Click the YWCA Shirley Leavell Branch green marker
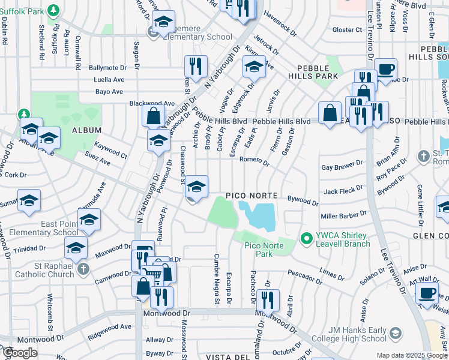tap(307, 239)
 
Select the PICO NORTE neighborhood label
tap(252, 196)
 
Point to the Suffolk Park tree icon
tap(53, 10)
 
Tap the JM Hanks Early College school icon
tap(396, 332)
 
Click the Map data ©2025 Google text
tap(411, 355)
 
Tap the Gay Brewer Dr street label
tap(342, 168)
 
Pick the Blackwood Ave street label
tap(152, 103)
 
